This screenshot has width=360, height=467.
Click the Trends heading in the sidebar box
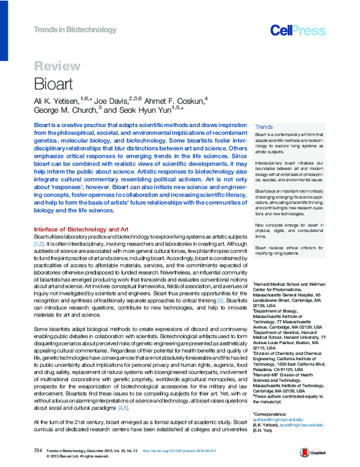pos(264,127)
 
